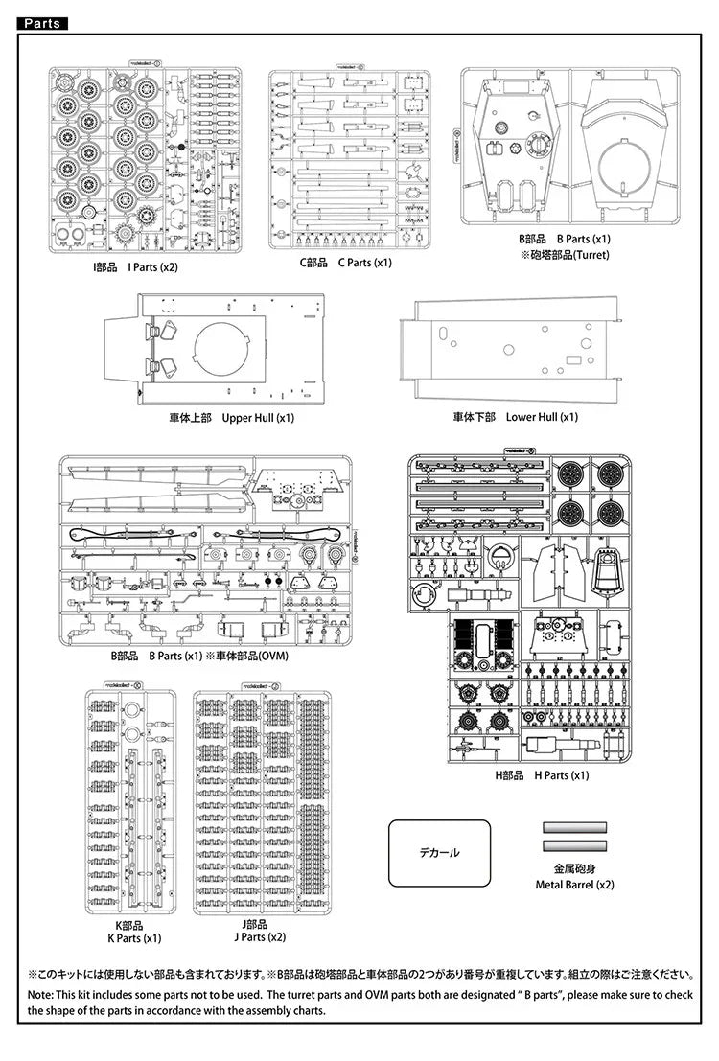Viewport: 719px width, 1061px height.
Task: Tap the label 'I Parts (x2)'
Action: pyautogui.click(x=153, y=266)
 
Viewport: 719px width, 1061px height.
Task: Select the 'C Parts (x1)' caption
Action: pyautogui.click(x=359, y=263)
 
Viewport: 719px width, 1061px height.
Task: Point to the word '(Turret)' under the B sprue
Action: pyautogui.click(x=588, y=255)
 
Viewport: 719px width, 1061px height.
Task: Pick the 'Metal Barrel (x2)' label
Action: pyautogui.click(x=575, y=885)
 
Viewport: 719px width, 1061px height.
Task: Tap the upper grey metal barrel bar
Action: pyautogui.click(x=575, y=827)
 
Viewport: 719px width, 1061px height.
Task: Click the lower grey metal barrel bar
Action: pyautogui.click(x=575, y=845)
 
